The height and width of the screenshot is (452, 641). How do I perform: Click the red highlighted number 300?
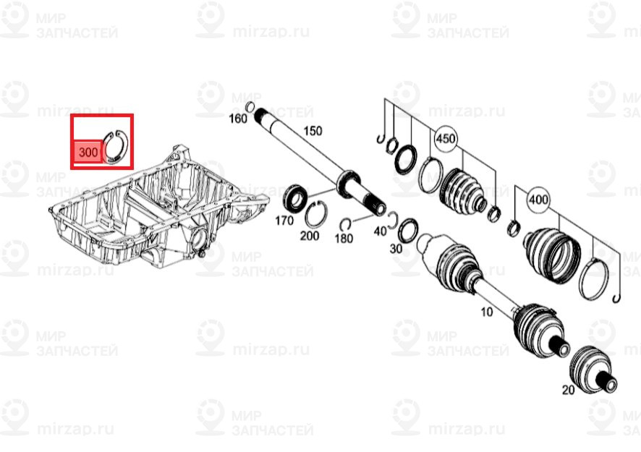[87, 153]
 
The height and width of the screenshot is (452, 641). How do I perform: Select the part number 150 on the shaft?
[312, 131]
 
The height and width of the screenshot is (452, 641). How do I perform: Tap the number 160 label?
[238, 118]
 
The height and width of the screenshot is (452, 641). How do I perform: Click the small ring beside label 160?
[250, 108]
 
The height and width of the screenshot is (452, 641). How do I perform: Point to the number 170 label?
[284, 220]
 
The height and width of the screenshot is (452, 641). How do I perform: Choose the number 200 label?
[310, 236]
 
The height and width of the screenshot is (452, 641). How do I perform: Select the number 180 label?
[344, 238]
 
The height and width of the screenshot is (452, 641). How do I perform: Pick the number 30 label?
[396, 248]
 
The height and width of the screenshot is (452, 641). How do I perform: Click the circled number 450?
[446, 138]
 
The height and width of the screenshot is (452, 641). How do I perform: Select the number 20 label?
[567, 390]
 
